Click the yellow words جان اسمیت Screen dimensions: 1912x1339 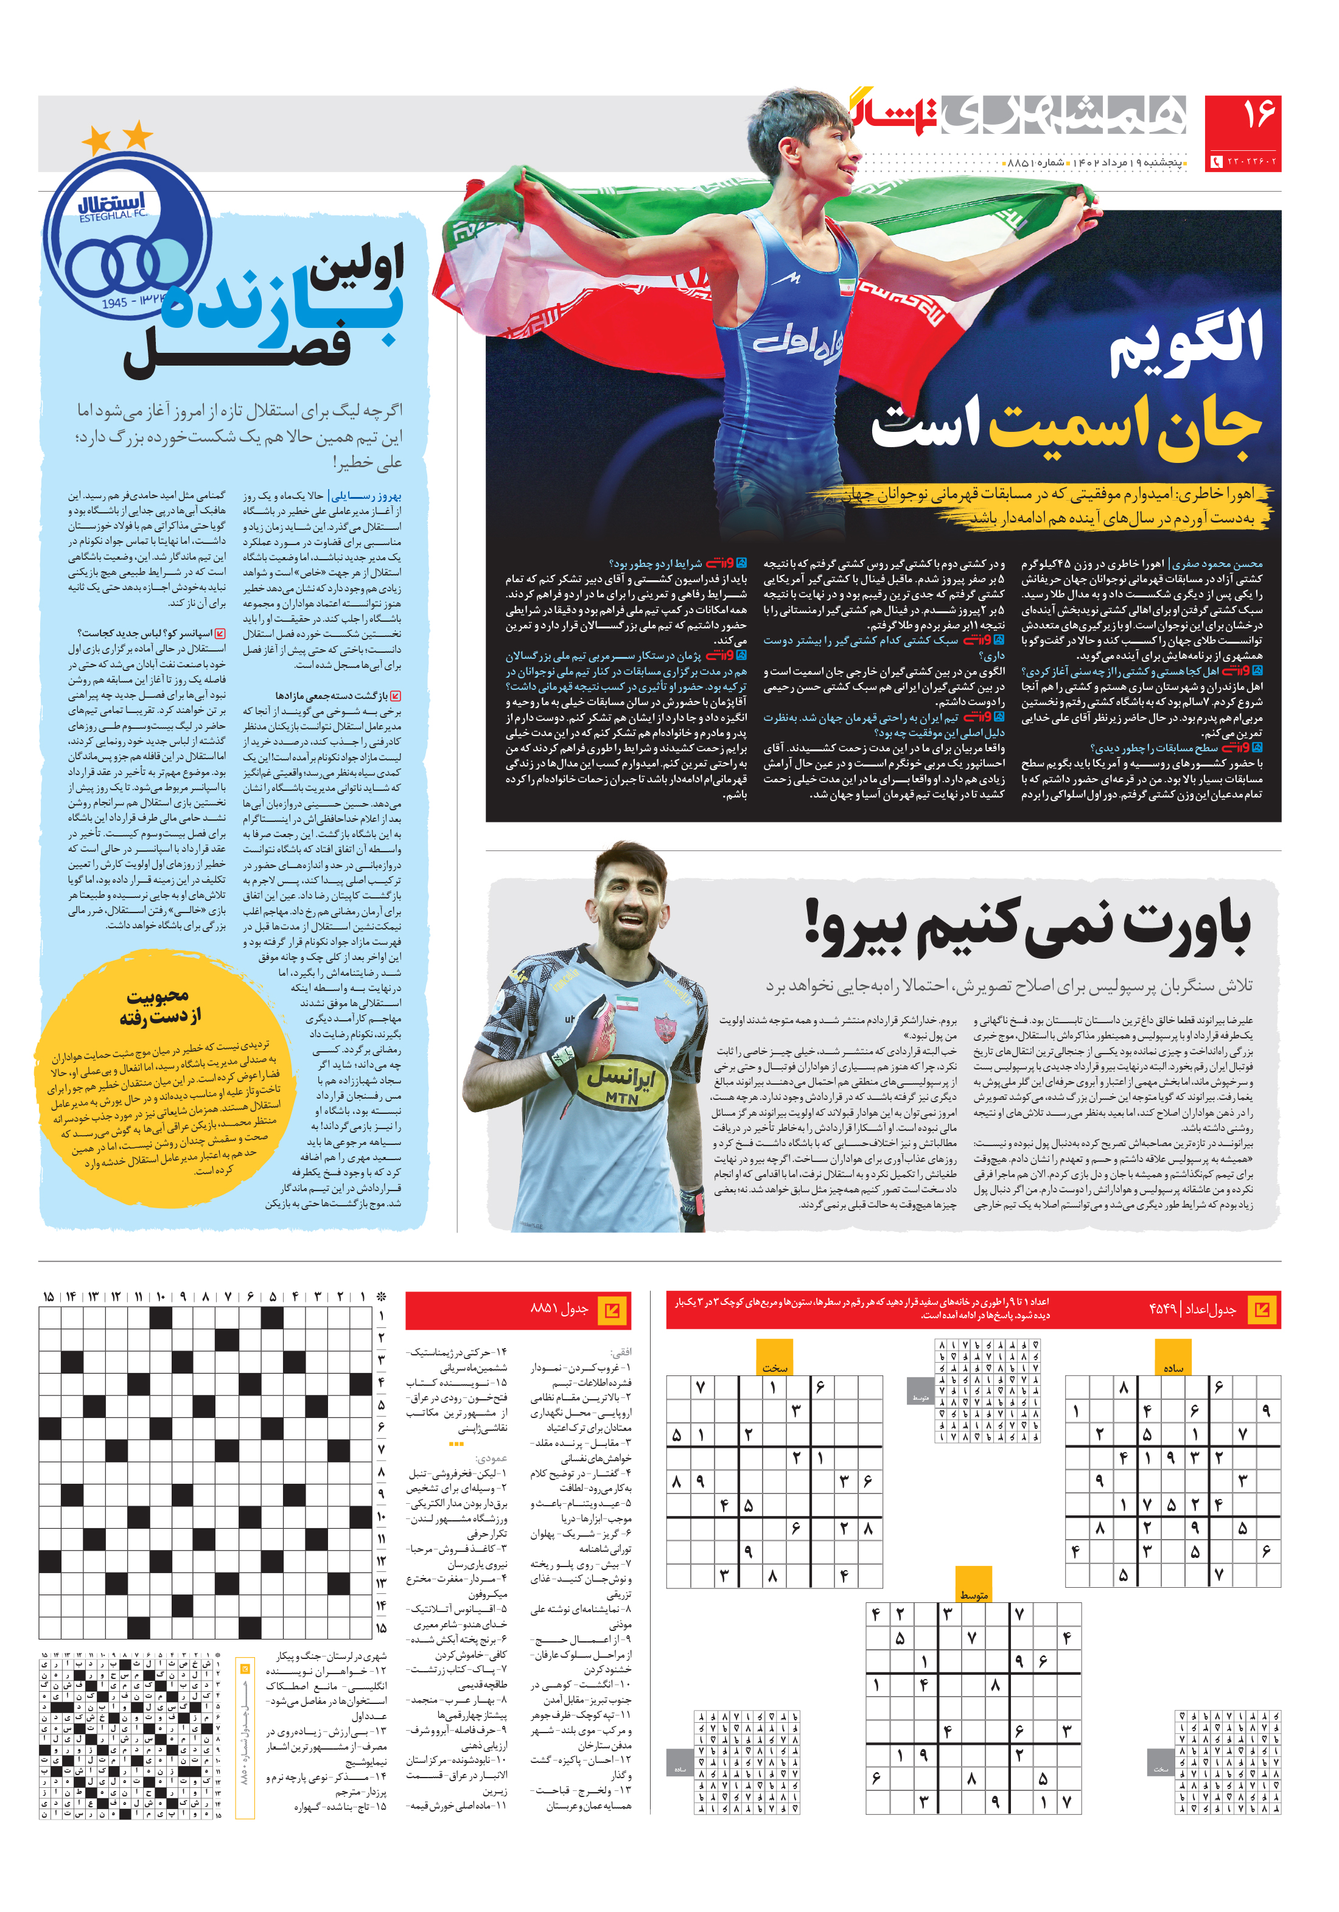point(1125,426)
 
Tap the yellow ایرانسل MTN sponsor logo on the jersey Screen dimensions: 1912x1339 point(621,1083)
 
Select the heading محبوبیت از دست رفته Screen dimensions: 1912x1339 point(159,1006)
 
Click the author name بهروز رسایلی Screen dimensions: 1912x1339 point(366,495)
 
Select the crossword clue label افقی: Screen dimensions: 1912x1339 point(621,1352)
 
